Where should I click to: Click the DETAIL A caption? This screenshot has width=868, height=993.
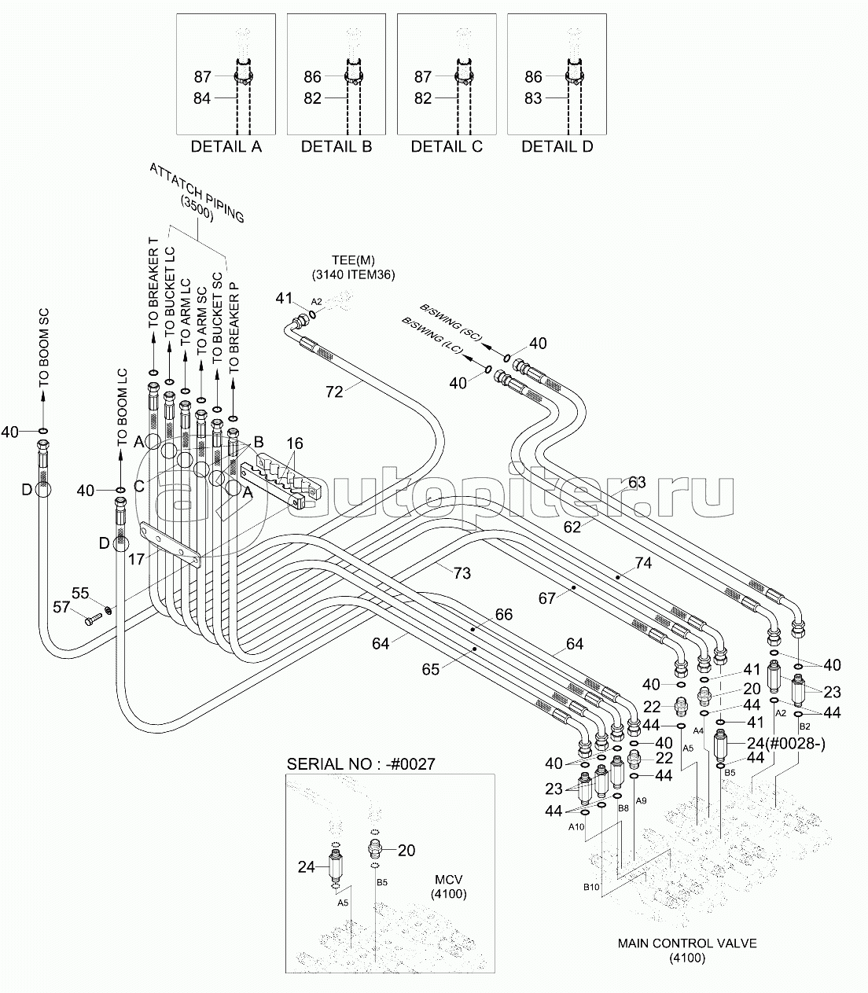[226, 146]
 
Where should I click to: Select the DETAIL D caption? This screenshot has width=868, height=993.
[557, 146]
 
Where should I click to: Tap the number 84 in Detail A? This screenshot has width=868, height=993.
[202, 98]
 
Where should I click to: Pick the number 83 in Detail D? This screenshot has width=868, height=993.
[533, 98]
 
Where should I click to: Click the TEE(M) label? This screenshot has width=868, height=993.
[353, 260]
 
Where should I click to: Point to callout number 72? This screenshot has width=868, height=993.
[334, 392]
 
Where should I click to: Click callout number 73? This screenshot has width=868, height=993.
[462, 573]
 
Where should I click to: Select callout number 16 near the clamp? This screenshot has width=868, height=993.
[295, 443]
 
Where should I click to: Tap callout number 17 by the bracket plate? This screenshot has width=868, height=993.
[136, 559]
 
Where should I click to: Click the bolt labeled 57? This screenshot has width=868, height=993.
[94, 620]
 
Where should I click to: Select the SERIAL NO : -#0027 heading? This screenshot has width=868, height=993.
[361, 764]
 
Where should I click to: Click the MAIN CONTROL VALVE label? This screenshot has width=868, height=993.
[687, 916]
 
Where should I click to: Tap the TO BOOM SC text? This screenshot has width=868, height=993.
[44, 348]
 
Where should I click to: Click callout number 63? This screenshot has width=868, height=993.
[637, 482]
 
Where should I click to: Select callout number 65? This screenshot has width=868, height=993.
[430, 669]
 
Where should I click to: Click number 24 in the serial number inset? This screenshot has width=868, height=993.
[307, 867]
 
